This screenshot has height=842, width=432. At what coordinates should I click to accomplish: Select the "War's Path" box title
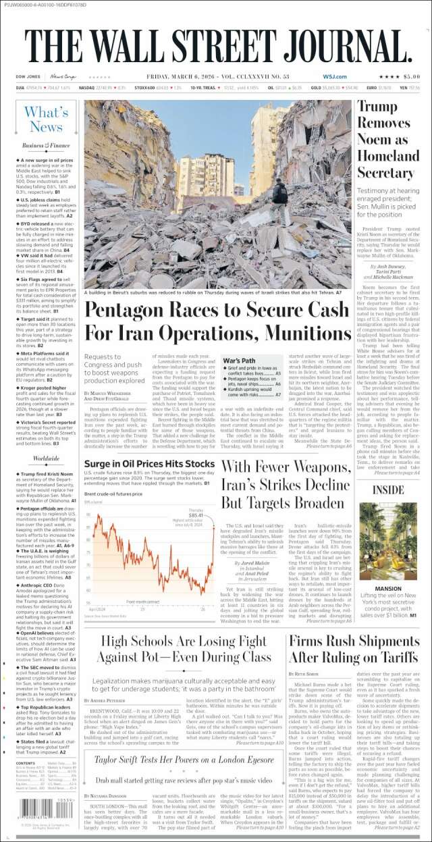239,362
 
